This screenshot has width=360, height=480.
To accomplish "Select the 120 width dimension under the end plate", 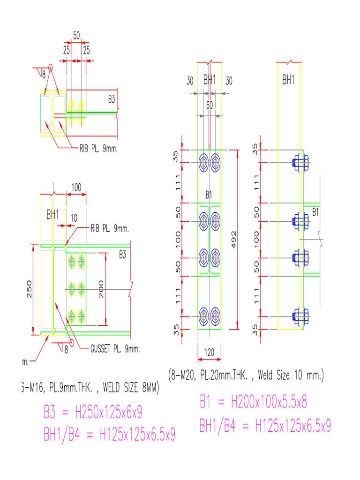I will coord(209,352).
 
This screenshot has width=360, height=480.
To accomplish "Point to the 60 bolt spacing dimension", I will coord(209,105).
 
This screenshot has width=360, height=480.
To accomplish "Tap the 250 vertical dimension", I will coord(29,289).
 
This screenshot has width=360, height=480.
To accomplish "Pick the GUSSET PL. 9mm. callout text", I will coord(115,349).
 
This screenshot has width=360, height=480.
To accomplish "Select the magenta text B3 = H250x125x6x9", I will coord(93,412).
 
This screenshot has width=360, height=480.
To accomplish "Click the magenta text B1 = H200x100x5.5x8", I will coord(253,402).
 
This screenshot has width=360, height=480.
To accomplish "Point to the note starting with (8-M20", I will coord(246,375).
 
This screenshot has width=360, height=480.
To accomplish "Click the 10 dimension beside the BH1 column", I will coord(74,218).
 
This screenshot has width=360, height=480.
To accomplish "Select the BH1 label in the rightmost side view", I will coord(288,80).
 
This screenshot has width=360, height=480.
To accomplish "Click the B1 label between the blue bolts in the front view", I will coord(209,195).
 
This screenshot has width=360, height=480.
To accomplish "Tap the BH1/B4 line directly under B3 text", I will coord(109,435).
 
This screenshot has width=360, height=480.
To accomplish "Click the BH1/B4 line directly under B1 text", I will coord(265,426).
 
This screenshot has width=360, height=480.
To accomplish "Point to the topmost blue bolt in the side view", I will coord(299,163).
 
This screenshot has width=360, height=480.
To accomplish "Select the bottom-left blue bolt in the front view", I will coord(204,316).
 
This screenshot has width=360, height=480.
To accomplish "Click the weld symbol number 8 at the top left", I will coord(44,75).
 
